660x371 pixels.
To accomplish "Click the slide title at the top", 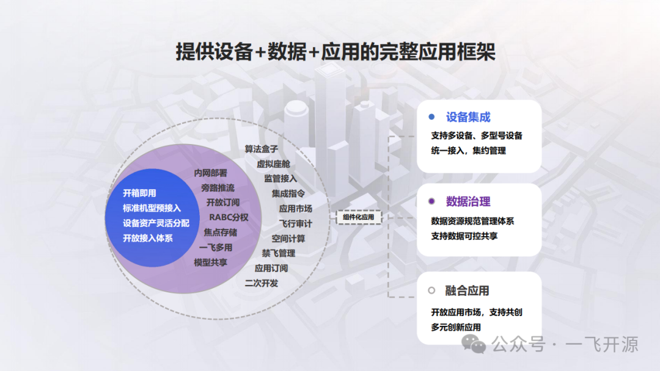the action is click(x=335, y=52).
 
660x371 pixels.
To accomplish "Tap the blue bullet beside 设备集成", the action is click(x=431, y=117).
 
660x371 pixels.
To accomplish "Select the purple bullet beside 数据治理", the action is click(x=431, y=201).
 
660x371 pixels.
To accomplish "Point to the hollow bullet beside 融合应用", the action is click(x=431, y=290).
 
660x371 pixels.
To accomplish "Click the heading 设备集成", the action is click(x=468, y=117).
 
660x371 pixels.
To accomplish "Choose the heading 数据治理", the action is click(x=468, y=202).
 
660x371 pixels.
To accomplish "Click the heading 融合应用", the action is click(x=467, y=290).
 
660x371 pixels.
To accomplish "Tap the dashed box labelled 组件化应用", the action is click(x=359, y=217).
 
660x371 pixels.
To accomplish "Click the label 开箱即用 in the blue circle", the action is click(x=139, y=193).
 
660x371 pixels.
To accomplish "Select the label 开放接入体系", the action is click(x=148, y=238).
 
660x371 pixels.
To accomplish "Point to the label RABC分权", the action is click(x=229, y=217).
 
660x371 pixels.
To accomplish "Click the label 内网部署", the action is click(x=210, y=173).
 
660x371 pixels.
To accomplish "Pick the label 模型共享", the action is click(x=210, y=262).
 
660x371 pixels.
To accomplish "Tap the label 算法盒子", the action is click(x=262, y=149).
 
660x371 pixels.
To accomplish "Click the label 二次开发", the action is click(x=262, y=283).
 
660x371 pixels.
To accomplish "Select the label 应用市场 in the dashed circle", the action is click(x=296, y=209).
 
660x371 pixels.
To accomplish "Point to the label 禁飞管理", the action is click(x=278, y=253).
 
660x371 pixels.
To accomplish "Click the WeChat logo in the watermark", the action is click(x=474, y=344).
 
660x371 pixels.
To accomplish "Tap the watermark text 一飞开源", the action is click(x=602, y=344).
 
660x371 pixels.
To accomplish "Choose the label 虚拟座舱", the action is click(x=273, y=164).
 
